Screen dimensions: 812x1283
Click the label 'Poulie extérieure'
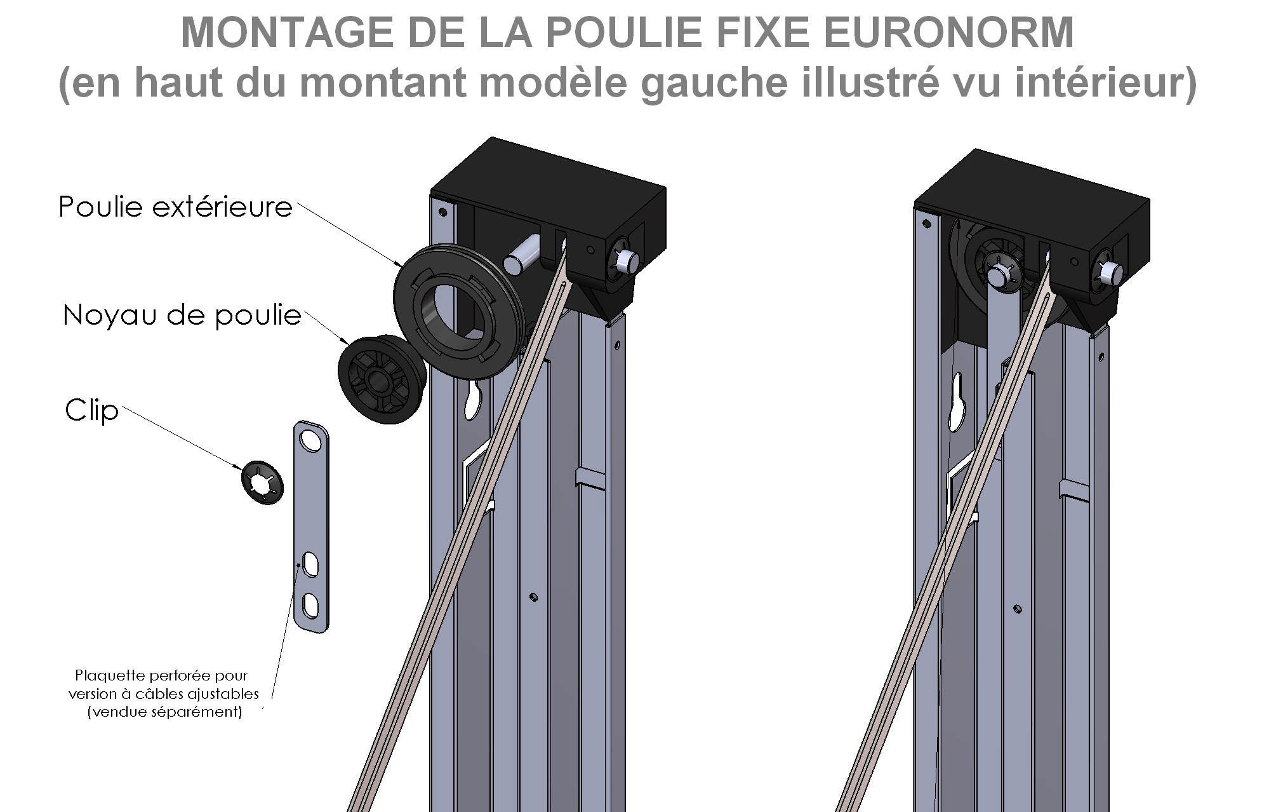click(175, 207)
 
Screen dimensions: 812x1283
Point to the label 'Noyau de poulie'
click(182, 315)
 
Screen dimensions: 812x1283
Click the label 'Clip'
click(92, 410)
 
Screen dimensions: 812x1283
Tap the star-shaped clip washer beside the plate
click(262, 482)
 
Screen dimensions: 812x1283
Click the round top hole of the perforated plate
click(311, 439)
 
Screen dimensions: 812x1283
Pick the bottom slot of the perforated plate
click(311, 605)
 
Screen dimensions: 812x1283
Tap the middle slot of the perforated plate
click(311, 565)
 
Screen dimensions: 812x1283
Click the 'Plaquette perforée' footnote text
click(164, 693)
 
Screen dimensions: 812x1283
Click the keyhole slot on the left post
click(474, 400)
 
